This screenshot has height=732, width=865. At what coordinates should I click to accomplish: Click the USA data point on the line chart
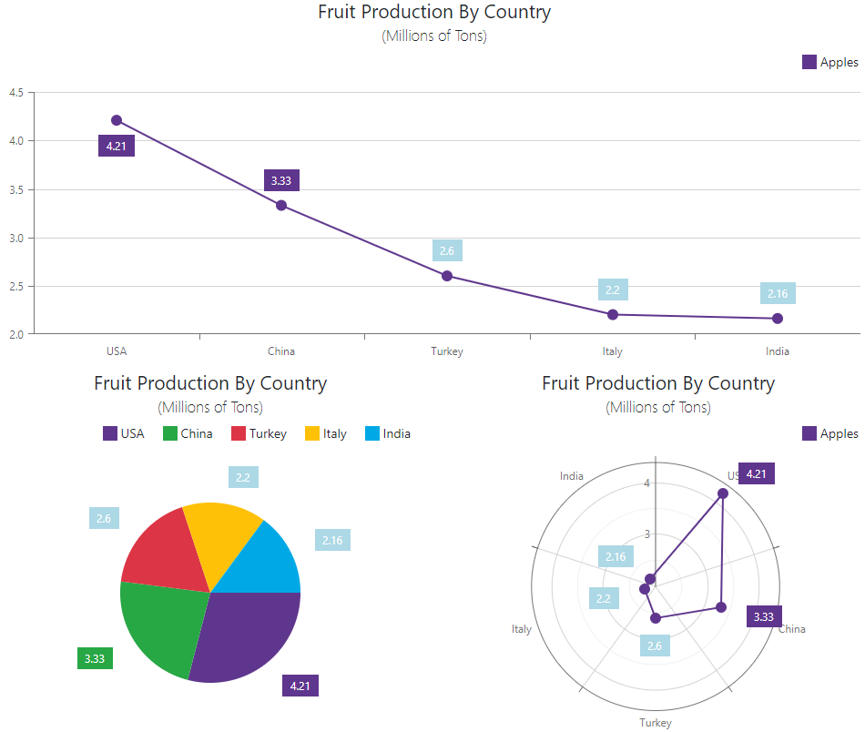tap(117, 120)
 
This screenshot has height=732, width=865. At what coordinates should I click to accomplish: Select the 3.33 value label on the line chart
tap(281, 180)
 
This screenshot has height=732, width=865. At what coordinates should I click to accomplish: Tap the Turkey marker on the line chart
tap(447, 276)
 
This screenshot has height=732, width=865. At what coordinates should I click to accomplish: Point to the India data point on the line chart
tap(778, 319)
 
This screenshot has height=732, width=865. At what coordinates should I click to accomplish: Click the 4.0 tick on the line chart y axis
tap(16, 141)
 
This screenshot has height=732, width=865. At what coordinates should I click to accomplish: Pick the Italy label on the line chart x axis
tap(612, 351)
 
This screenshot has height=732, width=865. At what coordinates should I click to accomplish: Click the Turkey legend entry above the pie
tap(259, 433)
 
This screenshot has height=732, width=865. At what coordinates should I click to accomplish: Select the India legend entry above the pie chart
tap(387, 433)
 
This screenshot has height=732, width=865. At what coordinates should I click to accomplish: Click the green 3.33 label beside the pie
tap(95, 658)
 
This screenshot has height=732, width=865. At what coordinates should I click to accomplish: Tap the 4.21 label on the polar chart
tap(757, 473)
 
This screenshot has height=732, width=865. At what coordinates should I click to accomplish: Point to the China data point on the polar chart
tap(721, 607)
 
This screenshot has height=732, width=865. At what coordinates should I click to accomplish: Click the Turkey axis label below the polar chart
tap(655, 723)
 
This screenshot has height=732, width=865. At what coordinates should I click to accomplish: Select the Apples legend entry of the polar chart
tap(829, 433)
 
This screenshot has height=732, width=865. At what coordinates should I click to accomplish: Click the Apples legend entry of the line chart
tap(829, 62)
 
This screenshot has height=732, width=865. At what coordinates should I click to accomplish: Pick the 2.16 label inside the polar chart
tap(616, 557)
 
